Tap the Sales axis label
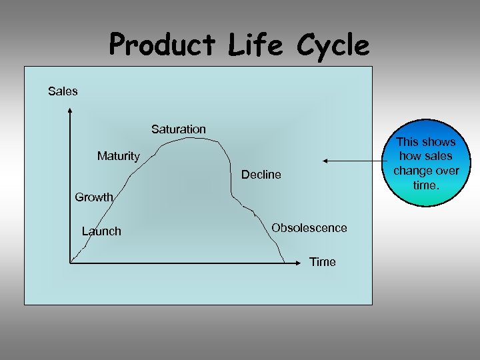63,91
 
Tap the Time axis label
323,262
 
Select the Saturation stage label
179,129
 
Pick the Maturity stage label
119,156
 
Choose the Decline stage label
261,175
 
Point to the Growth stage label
94,197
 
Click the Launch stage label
101,231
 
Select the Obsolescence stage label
309,228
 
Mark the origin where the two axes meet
69,263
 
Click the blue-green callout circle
425,163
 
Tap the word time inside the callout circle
426,185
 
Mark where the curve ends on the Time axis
285,262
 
